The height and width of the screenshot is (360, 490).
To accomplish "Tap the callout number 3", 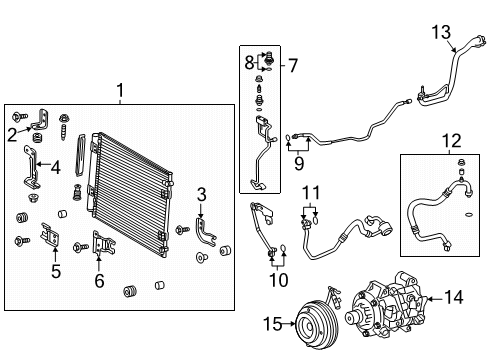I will (x=201, y=194).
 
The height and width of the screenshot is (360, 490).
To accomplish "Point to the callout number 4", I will (x=55, y=168).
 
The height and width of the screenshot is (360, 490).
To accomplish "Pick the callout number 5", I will (x=55, y=270).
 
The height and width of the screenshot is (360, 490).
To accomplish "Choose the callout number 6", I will (x=99, y=283).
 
